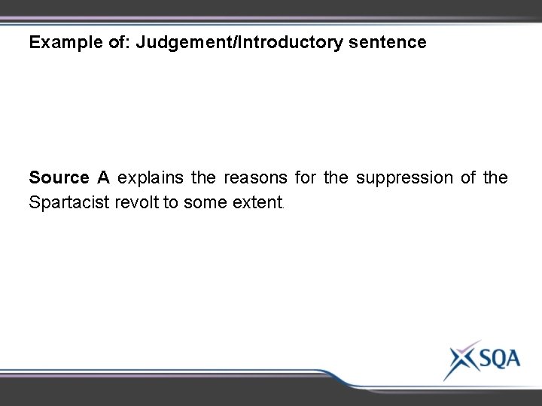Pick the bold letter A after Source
pyautogui.click(x=104, y=178)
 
